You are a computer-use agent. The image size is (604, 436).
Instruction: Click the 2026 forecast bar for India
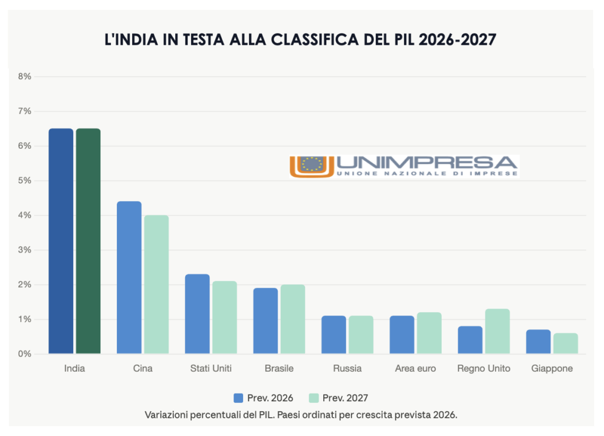[x=61, y=241]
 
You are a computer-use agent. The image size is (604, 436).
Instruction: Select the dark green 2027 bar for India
[x=88, y=241]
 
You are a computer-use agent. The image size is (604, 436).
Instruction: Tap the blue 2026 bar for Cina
[x=129, y=278]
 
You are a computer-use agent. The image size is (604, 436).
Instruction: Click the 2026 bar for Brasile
[x=265, y=321]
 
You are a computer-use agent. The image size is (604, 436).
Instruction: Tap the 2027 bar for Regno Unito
[x=497, y=332]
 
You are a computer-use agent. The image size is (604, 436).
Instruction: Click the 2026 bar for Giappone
[x=538, y=342]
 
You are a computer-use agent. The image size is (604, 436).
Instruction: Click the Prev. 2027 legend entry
[x=342, y=398]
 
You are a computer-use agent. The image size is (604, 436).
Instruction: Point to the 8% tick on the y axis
[x=24, y=76]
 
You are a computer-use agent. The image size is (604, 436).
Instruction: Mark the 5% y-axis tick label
[x=24, y=181]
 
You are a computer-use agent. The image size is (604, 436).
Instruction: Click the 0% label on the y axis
[x=24, y=354]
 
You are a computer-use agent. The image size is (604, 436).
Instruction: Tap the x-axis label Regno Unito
[x=484, y=369]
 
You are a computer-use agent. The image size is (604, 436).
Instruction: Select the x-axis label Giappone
[x=552, y=369]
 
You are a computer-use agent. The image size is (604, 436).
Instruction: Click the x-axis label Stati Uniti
[x=211, y=369]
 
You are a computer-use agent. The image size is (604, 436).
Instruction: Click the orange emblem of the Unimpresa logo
[x=312, y=166]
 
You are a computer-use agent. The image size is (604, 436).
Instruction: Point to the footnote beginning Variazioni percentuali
[x=301, y=414]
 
